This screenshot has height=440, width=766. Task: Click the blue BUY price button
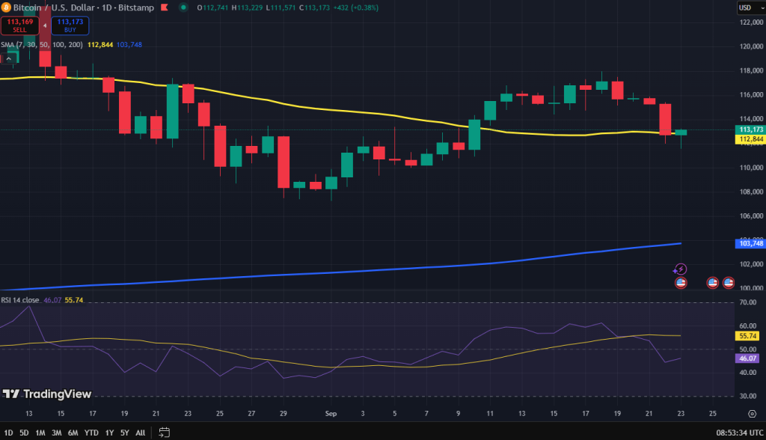coord(70,26)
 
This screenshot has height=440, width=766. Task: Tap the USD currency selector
coord(746,7)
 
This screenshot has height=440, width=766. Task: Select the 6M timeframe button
coord(73,433)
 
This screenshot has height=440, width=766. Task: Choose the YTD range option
coord(91,433)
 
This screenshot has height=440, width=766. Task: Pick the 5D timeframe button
coord(24,433)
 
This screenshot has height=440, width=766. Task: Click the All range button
coord(140,433)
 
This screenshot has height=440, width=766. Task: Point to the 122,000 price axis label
coord(750,22)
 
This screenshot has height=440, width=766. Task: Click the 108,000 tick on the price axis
coord(750,192)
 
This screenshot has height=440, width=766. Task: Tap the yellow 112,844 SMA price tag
coord(750,139)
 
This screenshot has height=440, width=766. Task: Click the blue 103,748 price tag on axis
coord(750,243)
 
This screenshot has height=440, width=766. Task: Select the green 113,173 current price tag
coord(750,129)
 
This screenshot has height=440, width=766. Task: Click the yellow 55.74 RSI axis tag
coord(748,336)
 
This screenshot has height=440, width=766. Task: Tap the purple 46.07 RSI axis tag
coord(748,358)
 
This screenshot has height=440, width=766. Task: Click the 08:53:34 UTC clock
coord(738,433)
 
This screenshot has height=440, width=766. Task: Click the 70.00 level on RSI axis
coord(748,302)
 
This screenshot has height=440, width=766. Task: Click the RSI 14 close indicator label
coord(20,300)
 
